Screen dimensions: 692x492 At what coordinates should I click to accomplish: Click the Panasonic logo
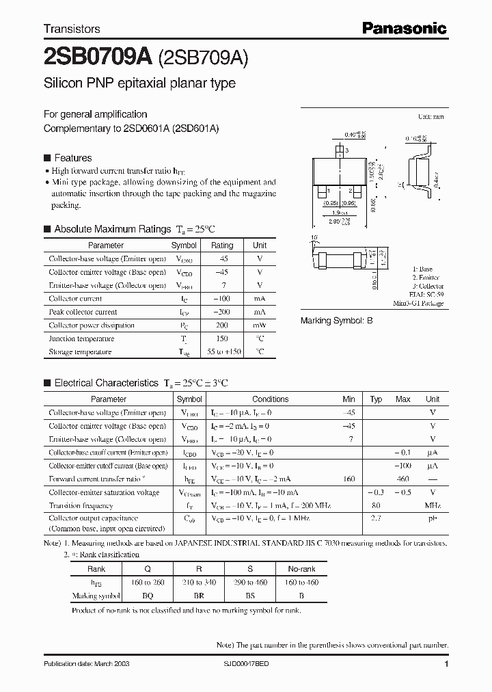pos(404,28)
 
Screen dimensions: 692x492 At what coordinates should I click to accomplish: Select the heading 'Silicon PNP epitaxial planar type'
pos(139,83)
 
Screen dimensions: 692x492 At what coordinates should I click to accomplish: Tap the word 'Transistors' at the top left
pos(72,29)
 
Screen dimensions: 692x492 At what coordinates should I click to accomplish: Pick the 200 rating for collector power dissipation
pos(222,325)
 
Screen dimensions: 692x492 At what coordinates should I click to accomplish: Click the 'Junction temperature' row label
pos(75,338)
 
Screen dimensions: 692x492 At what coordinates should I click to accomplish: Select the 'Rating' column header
pos(222,245)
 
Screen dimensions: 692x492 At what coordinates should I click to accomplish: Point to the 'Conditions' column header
pos(270,399)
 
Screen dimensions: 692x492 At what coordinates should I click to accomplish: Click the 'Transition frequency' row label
pos(81,506)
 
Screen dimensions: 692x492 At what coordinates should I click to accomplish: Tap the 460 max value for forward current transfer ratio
pos(403,479)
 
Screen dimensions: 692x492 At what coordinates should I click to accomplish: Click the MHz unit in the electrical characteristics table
pos(433,506)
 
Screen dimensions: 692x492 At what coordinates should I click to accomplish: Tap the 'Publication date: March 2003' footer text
pos(86,664)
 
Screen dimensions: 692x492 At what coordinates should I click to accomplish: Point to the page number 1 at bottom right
pos(446,664)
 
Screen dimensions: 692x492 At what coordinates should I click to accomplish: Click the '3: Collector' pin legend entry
pos(428,286)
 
